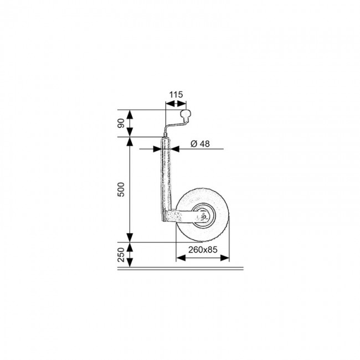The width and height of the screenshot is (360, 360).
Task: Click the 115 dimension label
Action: [x=176, y=94]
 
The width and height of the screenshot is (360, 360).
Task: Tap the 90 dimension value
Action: [x=121, y=124]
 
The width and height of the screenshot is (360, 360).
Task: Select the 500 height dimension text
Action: [x=121, y=189]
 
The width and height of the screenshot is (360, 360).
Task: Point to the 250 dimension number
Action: [x=121, y=255]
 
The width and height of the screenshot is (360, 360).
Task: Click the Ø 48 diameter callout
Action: [x=200, y=144]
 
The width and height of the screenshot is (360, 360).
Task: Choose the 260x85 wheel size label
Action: [x=203, y=250]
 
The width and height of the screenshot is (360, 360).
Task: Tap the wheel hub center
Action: [x=203, y=216]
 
